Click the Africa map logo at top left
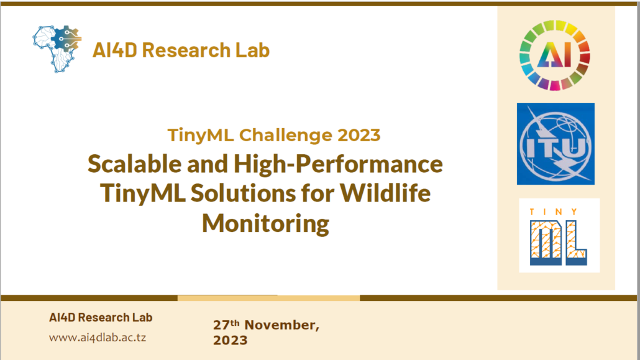(x=57, y=49)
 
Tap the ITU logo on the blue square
(x=555, y=144)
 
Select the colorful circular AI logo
(x=555, y=55)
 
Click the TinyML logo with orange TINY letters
(x=559, y=236)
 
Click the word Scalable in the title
(x=135, y=164)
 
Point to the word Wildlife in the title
(x=385, y=193)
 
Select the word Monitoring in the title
(x=265, y=223)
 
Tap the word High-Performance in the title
(x=338, y=164)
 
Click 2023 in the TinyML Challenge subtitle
(x=359, y=136)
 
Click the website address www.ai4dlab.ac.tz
(x=98, y=338)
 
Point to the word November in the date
(x=281, y=325)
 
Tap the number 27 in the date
(x=221, y=325)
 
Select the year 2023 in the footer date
(x=230, y=340)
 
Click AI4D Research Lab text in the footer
(x=101, y=318)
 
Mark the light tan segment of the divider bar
(x=268, y=298)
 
